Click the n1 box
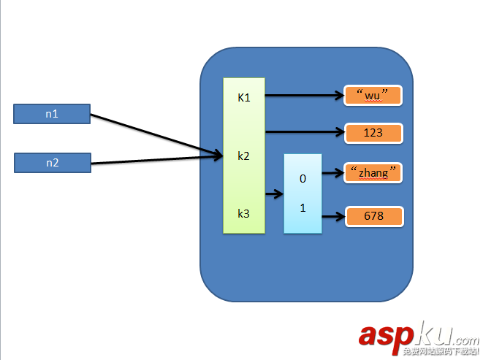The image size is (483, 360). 52,114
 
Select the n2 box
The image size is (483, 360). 52,163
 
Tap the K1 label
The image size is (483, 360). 244,97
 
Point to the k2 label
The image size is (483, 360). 244,156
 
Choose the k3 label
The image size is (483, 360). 244,213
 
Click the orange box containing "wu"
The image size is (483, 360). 373,95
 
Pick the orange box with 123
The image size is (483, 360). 373,133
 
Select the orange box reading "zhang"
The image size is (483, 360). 373,173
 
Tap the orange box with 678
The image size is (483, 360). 373,216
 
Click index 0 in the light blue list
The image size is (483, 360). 303,178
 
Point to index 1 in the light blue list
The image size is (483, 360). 303,207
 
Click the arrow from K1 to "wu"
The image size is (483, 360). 303,95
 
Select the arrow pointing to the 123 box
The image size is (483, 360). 303,133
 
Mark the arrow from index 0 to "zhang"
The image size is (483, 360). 332,174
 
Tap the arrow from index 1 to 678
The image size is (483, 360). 332,216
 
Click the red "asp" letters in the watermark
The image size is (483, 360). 387,335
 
